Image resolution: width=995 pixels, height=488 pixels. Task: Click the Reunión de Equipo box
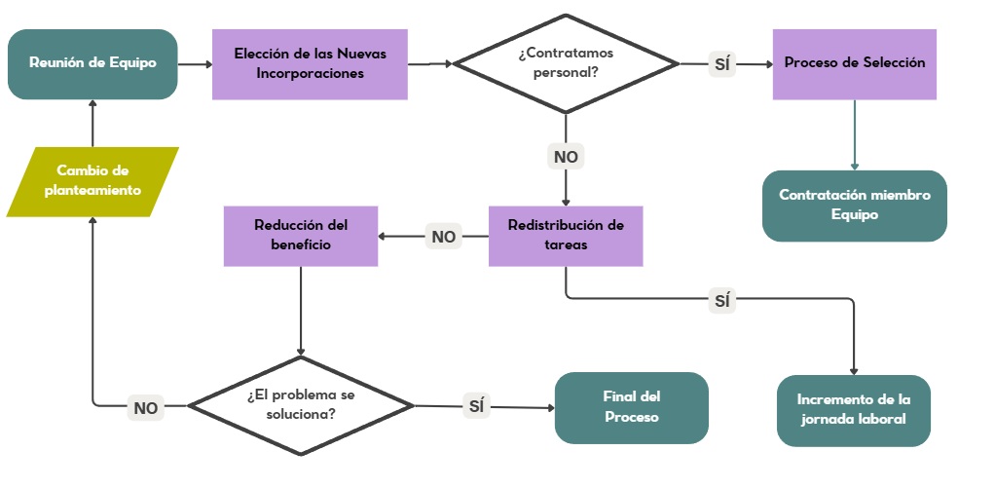click(x=92, y=64)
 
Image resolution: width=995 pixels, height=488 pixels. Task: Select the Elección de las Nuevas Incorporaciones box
click(x=310, y=63)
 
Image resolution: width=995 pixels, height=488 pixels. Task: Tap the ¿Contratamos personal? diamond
click(x=566, y=63)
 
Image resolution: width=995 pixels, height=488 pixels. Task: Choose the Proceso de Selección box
click(x=855, y=63)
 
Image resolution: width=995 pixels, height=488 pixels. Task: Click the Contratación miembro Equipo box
click(x=855, y=206)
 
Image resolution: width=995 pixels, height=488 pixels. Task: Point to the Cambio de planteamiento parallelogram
click(x=92, y=181)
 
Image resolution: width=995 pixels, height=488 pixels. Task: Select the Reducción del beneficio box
click(x=301, y=236)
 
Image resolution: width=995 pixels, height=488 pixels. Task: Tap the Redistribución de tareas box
click(x=566, y=236)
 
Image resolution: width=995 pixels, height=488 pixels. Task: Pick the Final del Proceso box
click(x=631, y=407)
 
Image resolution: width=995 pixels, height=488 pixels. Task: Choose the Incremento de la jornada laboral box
click(x=853, y=410)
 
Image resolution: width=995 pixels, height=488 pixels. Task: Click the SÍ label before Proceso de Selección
click(x=722, y=64)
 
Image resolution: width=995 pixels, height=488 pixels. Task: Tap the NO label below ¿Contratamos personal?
click(x=566, y=156)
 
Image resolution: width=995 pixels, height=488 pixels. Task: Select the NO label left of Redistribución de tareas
click(x=443, y=236)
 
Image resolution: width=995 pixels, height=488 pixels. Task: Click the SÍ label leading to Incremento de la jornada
click(x=721, y=301)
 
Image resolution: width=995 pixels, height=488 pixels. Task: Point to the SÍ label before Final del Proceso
click(x=477, y=406)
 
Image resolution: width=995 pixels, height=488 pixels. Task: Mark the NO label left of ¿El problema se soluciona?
click(x=146, y=408)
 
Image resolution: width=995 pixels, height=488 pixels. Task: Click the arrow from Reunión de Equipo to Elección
click(x=195, y=64)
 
